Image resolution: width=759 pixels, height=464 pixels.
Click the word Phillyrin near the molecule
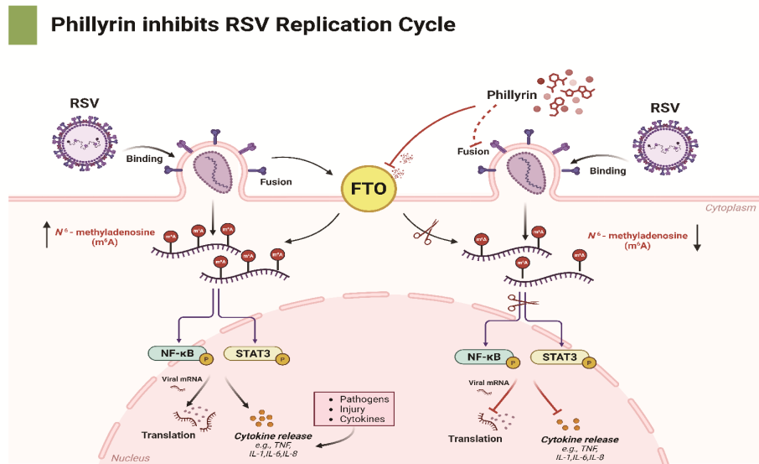coord(511,96)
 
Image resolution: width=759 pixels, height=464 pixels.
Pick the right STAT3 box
coord(558,357)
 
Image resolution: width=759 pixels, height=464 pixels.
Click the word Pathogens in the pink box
coord(364,399)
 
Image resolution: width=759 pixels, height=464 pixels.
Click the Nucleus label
coord(130,458)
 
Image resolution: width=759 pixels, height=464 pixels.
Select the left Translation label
coord(168,435)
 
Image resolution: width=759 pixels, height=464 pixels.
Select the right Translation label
coord(475,438)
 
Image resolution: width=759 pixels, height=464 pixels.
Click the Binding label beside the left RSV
coord(144,158)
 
